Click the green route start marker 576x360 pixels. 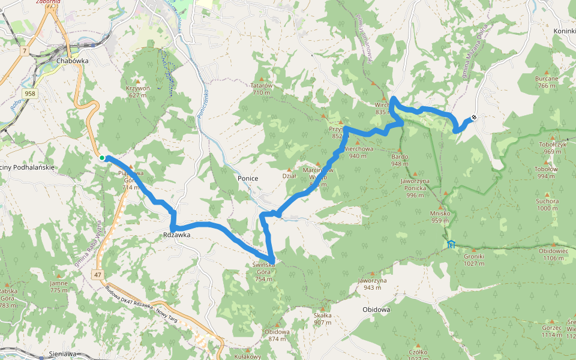103,158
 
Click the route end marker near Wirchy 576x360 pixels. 474,118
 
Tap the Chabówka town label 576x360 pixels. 73,61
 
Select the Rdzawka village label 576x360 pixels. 176,235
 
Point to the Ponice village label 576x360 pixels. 248,178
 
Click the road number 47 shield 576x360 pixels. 97,274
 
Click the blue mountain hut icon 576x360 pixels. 451,244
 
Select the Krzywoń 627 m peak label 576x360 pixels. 137,91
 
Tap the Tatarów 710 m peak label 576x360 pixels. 262,89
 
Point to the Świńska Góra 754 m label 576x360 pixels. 264,268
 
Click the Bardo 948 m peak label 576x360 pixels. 400,160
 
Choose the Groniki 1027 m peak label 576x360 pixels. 474,259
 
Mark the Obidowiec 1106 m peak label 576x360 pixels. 553,254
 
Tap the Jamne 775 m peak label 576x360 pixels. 59,286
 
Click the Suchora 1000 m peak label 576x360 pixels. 547,205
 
